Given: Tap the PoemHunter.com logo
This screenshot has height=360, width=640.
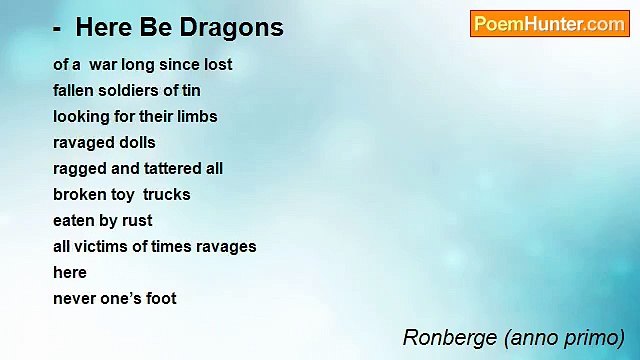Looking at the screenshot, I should [x=549, y=24].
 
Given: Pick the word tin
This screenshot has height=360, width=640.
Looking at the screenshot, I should [x=191, y=90].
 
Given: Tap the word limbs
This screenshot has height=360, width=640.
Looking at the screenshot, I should [x=196, y=116].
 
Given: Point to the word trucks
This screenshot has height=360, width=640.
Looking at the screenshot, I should [x=166, y=194].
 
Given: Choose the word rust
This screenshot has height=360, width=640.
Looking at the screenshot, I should [x=135, y=220].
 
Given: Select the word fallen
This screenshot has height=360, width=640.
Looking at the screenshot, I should [x=74, y=90].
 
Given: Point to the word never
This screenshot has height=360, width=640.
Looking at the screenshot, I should [x=75, y=298].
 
